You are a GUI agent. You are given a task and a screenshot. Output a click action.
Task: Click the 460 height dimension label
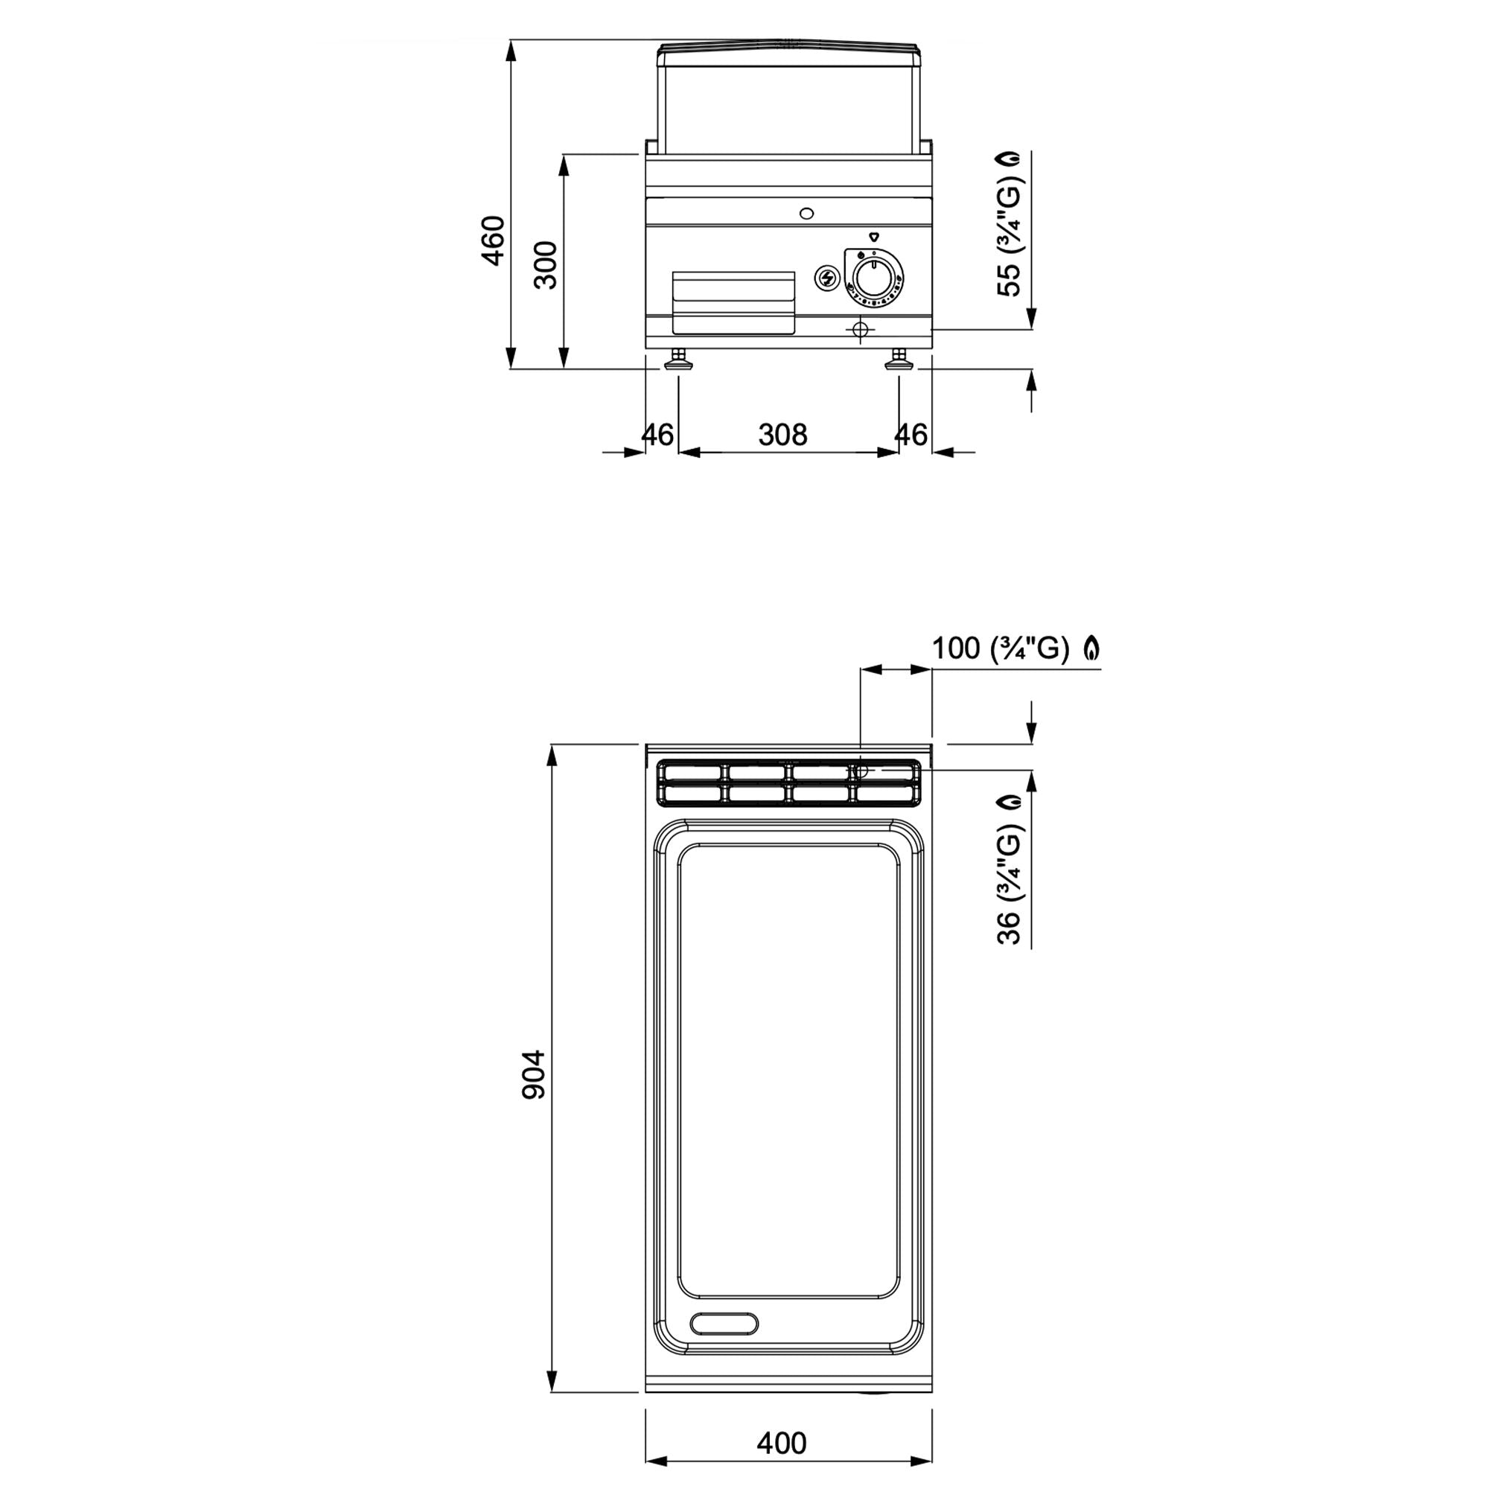(494, 240)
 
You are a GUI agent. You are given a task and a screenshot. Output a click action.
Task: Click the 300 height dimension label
(546, 264)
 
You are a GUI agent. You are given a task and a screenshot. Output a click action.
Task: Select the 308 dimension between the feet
(783, 436)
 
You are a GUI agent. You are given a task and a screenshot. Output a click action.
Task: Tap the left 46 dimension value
(658, 436)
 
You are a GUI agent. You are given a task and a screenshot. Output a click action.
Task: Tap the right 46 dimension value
(911, 436)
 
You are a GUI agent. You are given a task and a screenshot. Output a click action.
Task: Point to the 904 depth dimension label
(534, 1074)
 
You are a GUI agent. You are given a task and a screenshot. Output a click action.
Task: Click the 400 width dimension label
(782, 1443)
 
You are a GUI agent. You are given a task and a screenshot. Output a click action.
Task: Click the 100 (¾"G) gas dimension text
(1001, 649)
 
